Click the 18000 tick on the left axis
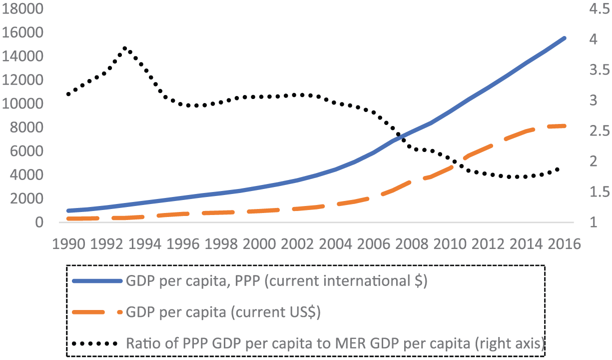tap(25, 9)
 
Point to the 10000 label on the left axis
tap(25, 104)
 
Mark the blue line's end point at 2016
tap(565, 37)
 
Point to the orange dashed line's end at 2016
tap(565, 125)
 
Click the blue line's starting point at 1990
tap(68, 210)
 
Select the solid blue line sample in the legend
tap(97, 281)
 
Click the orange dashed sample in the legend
tap(97, 312)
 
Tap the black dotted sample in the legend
tap(97, 343)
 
